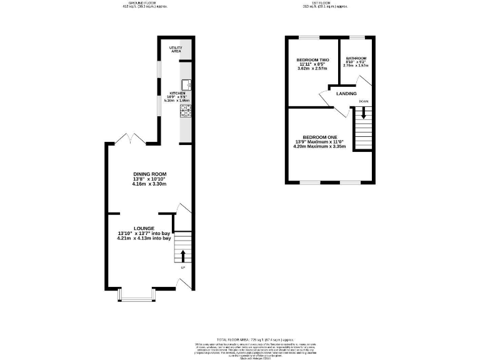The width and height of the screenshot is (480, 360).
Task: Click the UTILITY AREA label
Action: pyautogui.click(x=176, y=49)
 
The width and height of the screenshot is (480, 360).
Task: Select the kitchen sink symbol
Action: pyautogui.click(x=186, y=83)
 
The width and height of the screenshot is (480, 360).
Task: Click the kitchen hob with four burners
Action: pyautogui.click(x=186, y=111)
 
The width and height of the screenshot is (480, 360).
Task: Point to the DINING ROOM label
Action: pyautogui.click(x=149, y=174)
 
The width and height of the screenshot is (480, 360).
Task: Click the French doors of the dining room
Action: pyautogui.click(x=131, y=138)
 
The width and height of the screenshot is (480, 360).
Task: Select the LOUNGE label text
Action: pyautogui.click(x=144, y=228)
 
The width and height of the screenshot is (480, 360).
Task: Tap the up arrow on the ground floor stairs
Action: pyautogui.click(x=183, y=255)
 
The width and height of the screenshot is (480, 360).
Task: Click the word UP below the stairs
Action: pyautogui.click(x=183, y=268)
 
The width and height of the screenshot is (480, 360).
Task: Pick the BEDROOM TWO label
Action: pyautogui.click(x=312, y=61)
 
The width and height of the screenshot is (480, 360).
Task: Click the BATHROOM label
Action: pyautogui.click(x=356, y=57)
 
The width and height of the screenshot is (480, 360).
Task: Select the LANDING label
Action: pyautogui.click(x=347, y=94)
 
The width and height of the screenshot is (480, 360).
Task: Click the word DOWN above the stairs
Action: pyautogui.click(x=363, y=101)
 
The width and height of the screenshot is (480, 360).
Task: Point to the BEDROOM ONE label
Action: pyautogui.click(x=319, y=137)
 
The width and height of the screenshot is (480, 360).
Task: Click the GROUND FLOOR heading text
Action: pyautogui.click(x=139, y=2)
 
